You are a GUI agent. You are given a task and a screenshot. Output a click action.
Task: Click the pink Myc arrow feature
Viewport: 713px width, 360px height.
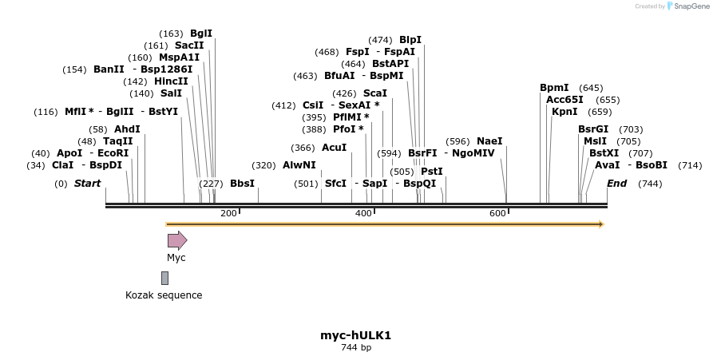176,240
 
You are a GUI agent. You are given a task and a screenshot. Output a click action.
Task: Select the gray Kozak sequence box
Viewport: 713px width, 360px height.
164,278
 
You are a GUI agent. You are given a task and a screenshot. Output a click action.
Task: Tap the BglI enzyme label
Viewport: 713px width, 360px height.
201,34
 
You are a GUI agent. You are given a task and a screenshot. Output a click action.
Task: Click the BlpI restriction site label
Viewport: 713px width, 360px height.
410,39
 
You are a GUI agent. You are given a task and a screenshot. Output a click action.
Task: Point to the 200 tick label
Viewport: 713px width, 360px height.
228,213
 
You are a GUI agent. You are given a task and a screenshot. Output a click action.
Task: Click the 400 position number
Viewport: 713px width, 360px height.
363,213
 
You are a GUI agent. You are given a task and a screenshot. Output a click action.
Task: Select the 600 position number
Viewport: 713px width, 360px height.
497,213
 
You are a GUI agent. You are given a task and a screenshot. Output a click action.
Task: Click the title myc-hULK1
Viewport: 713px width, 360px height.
355,335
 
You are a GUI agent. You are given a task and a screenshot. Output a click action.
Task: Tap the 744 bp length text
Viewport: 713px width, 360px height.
355,347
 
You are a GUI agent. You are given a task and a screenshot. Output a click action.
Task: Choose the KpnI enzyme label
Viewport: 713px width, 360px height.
564,112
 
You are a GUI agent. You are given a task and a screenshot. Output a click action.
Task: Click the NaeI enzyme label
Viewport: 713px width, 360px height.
489,141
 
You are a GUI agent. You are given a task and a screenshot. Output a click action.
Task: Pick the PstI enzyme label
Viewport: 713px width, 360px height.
431,171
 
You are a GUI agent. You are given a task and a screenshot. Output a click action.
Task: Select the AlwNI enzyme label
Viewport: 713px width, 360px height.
299,165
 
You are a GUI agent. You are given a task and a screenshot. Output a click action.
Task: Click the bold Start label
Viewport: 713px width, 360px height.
87,184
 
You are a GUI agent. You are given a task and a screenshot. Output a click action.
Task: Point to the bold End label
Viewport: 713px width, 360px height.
616,184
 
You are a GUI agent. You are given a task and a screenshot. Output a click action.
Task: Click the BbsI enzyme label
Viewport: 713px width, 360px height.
242,184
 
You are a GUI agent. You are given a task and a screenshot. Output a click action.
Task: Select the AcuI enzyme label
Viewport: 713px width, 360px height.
334,148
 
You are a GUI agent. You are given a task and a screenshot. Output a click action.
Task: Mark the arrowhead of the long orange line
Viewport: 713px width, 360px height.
600,224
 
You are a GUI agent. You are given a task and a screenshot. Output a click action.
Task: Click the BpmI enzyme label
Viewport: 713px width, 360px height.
554,88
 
